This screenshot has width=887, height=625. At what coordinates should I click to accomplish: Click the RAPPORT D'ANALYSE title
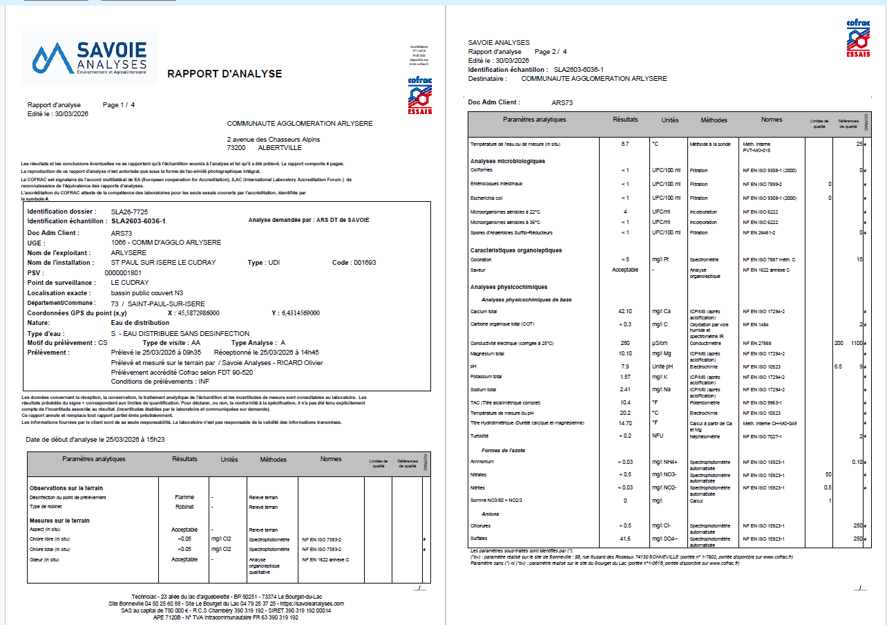coord(225,74)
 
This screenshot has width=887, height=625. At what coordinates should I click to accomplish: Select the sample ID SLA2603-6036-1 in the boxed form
coord(138,221)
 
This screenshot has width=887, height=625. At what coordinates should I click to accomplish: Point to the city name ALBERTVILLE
coord(280,147)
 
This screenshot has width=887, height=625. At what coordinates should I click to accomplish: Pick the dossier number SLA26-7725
coord(129,211)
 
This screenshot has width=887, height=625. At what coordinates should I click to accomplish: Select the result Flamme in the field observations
coord(185,497)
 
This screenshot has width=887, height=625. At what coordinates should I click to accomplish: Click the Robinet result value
coord(184,507)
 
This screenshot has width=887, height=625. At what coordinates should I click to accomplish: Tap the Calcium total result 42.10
coord(625,311)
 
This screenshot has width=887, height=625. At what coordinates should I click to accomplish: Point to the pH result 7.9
coord(624,366)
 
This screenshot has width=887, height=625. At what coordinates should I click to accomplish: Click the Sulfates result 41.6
coord(624,538)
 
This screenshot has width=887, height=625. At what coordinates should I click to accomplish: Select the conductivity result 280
coord(624,343)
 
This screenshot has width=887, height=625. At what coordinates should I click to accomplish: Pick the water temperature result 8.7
coord(624,144)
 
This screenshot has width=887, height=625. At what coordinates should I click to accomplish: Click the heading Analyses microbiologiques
coord(508,161)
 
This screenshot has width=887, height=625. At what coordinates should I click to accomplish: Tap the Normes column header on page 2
coord(771,120)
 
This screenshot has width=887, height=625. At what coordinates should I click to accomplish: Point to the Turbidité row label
coord(479,436)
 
